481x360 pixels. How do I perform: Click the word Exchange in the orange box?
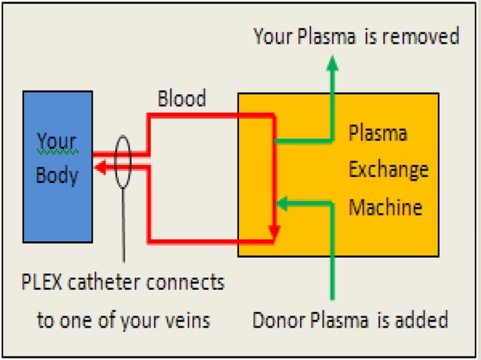388,169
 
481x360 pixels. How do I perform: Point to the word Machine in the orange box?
384,206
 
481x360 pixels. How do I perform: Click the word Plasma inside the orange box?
378,134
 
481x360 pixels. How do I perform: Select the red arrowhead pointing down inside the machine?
274,230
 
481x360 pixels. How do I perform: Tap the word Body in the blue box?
57,175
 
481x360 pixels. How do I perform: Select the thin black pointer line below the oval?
124,226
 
